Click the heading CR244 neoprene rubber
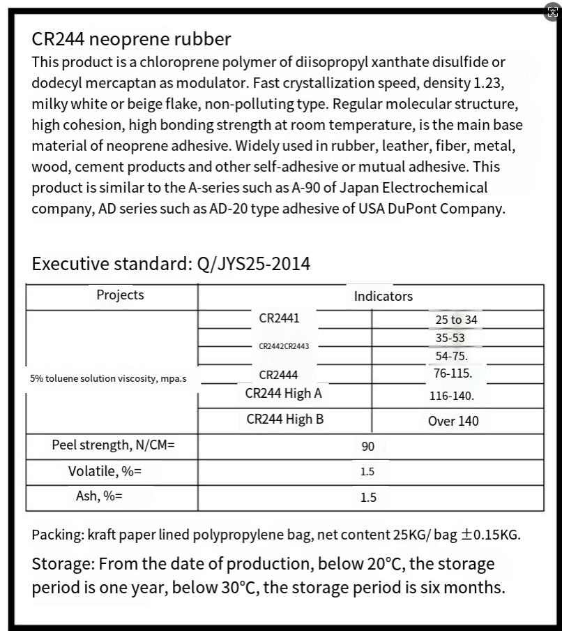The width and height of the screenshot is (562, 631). pos(131,39)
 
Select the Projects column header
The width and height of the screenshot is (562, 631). pos(120,295)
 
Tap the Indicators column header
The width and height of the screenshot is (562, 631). pos(383,297)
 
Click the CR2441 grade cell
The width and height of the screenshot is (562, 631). pos(279,318)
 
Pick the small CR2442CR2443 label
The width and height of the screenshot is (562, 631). pos(284,346)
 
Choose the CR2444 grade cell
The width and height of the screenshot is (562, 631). pos(279,376)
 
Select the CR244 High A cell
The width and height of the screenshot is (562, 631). pos(284,394)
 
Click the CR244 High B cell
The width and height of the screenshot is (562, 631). pos(284,420)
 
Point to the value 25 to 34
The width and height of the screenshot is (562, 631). pos(456,320)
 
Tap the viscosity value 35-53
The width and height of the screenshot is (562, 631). pos(450,338)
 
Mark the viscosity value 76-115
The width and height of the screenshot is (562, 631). pos(453,373)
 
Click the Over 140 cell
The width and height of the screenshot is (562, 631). pos(453,421)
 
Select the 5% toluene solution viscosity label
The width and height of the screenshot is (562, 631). pos(108,378)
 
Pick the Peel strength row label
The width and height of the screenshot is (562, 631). pos(113,445)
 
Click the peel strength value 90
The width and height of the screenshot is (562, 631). pos(368,447)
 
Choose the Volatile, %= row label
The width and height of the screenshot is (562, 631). pos(105,471)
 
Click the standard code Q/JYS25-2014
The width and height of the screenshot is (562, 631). pos(254,264)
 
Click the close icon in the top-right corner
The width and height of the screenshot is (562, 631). pos(553,12)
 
